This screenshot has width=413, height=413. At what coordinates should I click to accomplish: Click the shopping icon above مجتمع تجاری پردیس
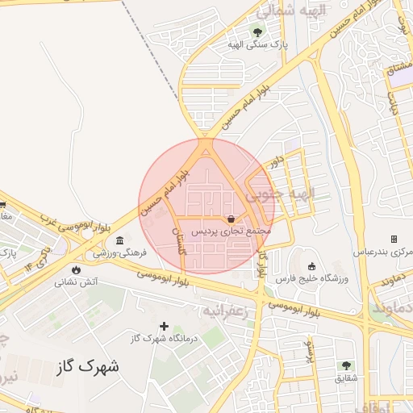click(232, 219)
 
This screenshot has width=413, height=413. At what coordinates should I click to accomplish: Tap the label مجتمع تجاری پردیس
click(232, 232)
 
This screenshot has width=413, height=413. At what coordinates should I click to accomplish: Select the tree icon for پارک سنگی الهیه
click(257, 32)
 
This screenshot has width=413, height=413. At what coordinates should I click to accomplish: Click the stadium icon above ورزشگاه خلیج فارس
click(311, 266)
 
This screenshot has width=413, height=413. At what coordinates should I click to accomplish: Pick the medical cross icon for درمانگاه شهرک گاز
click(165, 326)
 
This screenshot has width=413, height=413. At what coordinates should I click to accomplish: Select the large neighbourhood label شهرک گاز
click(88, 367)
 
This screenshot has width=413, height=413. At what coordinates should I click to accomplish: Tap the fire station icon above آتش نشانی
click(76, 270)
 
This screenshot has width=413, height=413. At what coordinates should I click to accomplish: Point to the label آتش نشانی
click(77, 282)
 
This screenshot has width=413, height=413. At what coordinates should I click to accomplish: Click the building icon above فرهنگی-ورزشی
click(119, 240)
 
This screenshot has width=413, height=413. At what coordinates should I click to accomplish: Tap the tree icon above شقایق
click(346, 365)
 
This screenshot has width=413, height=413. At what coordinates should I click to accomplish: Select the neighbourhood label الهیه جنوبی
click(280, 194)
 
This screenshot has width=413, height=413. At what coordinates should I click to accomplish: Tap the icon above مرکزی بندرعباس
click(394, 239)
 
